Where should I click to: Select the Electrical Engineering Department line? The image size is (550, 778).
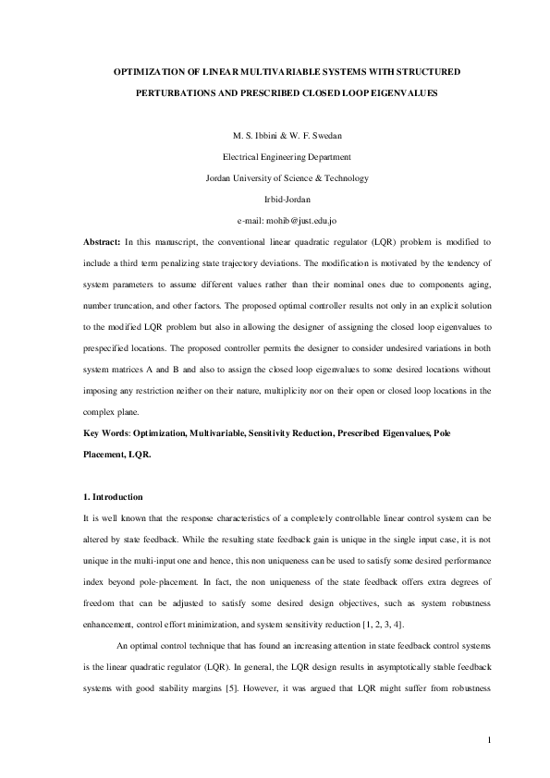[x=275, y=157]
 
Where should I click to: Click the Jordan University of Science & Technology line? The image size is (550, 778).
[x=275, y=178]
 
